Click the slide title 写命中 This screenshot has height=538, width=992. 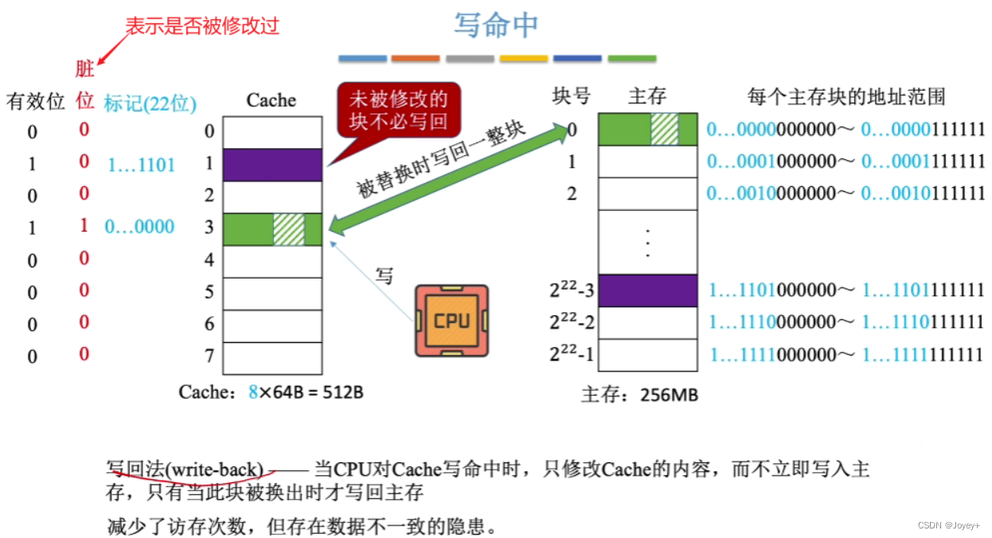click(496, 25)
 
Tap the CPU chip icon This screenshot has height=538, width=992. click(451, 321)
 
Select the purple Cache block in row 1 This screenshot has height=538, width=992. click(272, 165)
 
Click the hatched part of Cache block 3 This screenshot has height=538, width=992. click(288, 229)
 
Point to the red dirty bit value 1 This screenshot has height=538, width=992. click(84, 226)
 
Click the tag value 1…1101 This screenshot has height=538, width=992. click(141, 165)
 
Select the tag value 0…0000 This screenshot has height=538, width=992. click(139, 227)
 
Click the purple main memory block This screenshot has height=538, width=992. click(647, 290)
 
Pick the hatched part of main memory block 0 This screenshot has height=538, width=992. click(664, 130)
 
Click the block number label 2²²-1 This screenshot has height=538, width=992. click(571, 354)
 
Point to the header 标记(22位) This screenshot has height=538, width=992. click(150, 103)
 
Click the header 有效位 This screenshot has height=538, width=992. click(35, 101)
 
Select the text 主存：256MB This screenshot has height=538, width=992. click(639, 394)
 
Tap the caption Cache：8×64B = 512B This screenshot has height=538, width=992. click(271, 392)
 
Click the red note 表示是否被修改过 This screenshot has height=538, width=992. click(202, 26)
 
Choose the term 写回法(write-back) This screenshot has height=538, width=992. click(185, 469)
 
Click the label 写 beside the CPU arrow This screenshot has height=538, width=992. click(385, 276)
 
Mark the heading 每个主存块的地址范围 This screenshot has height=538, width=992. click(846, 98)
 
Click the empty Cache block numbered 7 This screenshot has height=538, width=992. click(272, 357)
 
